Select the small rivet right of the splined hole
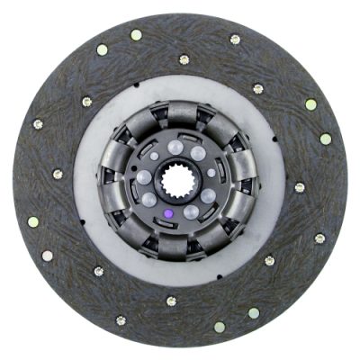point(211,172)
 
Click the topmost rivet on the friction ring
point(136,35)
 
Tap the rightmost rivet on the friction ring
point(326,139)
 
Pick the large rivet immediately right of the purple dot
point(192,211)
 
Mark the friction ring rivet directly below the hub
point(171,301)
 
